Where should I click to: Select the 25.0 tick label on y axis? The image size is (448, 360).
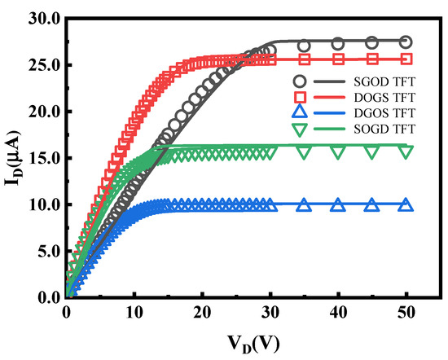(42, 64)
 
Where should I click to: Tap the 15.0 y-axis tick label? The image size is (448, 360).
(42, 158)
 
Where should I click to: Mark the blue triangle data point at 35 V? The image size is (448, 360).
(304, 204)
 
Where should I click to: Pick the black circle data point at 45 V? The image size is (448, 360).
(371, 42)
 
